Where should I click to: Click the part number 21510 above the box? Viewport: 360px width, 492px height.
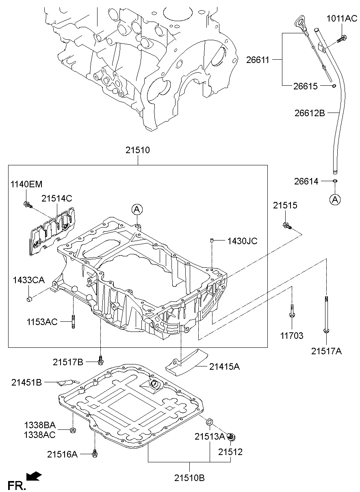(x=137, y=150)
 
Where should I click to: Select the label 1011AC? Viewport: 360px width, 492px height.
(x=342, y=18)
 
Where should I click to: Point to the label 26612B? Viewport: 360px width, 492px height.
(x=310, y=113)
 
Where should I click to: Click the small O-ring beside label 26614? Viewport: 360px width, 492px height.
(x=335, y=181)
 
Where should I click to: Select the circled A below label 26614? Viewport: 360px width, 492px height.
(x=335, y=199)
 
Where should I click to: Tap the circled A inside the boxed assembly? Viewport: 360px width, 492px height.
(x=137, y=209)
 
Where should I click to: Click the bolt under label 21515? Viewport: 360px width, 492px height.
(x=286, y=225)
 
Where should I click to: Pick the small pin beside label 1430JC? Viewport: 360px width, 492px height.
(x=212, y=242)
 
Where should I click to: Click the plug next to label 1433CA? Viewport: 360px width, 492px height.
(x=29, y=299)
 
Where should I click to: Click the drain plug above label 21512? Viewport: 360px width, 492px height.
(x=232, y=438)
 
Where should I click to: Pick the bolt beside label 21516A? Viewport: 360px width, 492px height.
(x=95, y=453)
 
